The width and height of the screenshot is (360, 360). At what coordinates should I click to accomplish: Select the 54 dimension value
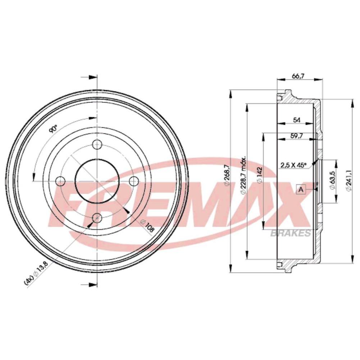(297, 120)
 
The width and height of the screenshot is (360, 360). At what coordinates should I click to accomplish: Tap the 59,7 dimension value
(297, 136)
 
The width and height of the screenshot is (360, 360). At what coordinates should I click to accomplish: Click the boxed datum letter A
(301, 190)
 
